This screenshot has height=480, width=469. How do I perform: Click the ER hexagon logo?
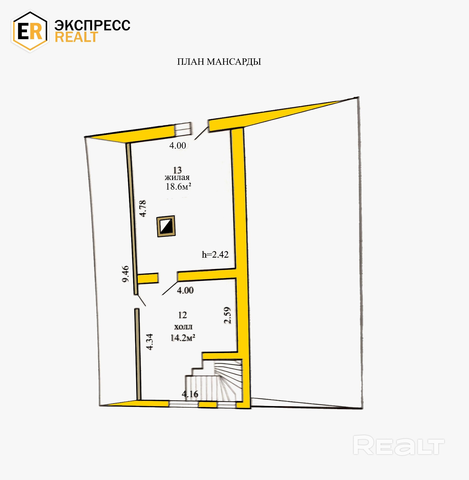pyautogui.click(x=30, y=31)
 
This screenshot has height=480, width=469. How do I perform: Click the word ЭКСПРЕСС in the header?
pyautogui.click(x=92, y=25)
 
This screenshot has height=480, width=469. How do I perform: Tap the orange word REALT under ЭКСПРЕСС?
pyautogui.click(x=76, y=37)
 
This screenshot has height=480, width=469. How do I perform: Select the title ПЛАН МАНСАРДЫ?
pyautogui.click(x=219, y=62)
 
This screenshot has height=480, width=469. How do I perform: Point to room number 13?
pyautogui.click(x=177, y=170)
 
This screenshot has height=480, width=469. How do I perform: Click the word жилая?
pyautogui.click(x=177, y=178)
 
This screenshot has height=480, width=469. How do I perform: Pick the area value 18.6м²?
pyautogui.click(x=178, y=186)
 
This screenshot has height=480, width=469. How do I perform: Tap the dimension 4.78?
pyautogui.click(x=143, y=208)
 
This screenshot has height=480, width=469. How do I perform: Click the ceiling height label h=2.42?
pyautogui.click(x=215, y=254)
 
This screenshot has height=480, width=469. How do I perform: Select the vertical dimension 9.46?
pyautogui.click(x=125, y=274)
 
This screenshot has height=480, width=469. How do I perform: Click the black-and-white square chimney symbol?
pyautogui.click(x=166, y=226)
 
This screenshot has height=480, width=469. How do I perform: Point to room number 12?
pyautogui.click(x=182, y=315)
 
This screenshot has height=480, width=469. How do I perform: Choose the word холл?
pyautogui.click(x=183, y=327)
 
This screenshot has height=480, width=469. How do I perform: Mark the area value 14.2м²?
pyautogui.click(x=183, y=338)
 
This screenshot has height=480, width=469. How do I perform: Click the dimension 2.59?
pyautogui.click(x=227, y=315)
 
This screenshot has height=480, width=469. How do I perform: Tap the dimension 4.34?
pyautogui.click(x=150, y=342)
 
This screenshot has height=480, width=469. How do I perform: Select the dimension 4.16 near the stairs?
pyautogui.click(x=190, y=394)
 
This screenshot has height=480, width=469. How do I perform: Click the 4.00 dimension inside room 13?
pyautogui.click(x=178, y=145)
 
